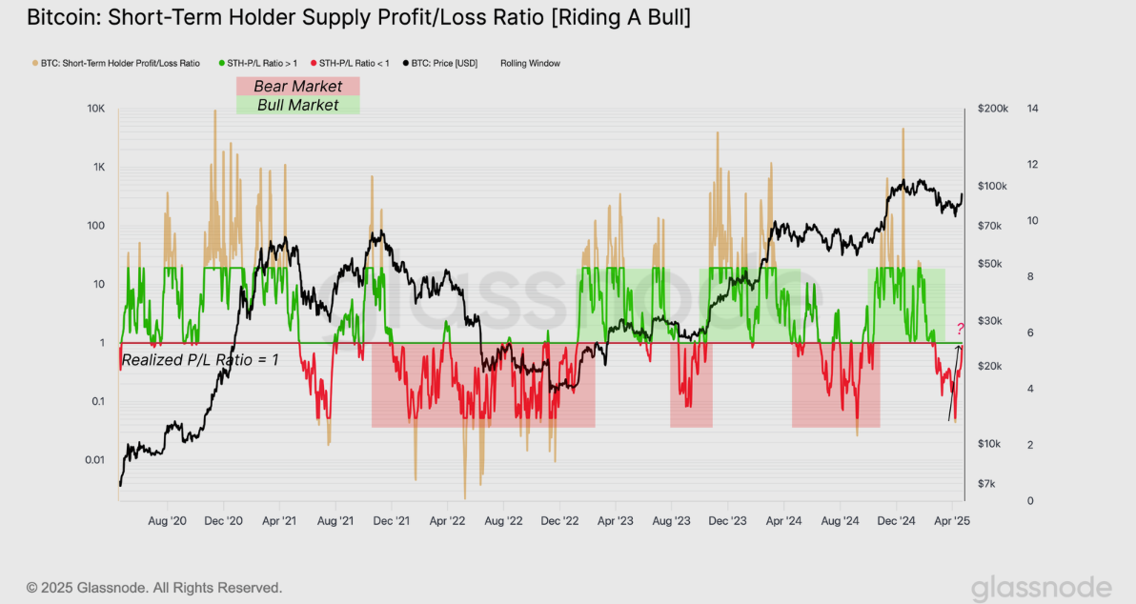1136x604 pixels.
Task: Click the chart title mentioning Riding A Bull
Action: [x=358, y=17]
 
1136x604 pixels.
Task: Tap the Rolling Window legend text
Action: [x=530, y=64]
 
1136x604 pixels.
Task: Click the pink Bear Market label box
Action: [x=297, y=87]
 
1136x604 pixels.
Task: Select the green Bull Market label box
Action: [x=297, y=105]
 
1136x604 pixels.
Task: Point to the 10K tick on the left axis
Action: [x=95, y=109]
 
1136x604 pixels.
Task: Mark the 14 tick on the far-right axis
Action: [x=1032, y=109]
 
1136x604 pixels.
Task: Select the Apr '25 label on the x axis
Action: [x=952, y=521]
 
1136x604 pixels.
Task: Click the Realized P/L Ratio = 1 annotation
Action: [x=200, y=360]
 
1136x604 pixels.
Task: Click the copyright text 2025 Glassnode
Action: [x=154, y=588]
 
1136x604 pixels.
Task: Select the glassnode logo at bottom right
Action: [x=1041, y=588]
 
